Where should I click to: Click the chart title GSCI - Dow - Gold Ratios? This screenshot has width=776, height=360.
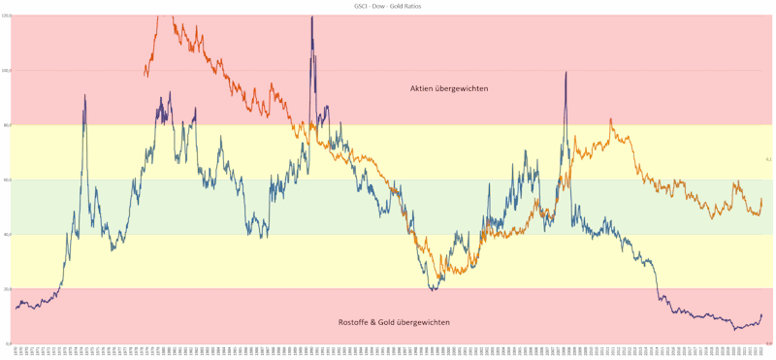pos(388,6)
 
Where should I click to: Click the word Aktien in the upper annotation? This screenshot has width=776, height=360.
pos(425,88)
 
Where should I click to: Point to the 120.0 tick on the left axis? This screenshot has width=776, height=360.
pos(7,16)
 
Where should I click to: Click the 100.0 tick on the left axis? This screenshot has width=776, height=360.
pos(7,70)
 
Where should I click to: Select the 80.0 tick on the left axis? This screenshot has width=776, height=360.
pos(7,125)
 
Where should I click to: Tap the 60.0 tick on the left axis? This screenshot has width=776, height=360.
pos(7,180)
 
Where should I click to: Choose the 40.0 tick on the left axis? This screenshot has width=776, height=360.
pos(7,234)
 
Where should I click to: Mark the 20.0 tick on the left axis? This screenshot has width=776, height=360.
pos(7,289)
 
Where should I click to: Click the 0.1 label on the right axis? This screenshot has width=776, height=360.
pos(767,159)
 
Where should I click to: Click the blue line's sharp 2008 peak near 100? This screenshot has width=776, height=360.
pos(566,72)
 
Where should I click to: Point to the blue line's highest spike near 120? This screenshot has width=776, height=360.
pos(311,16)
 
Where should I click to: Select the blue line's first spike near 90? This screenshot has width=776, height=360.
pos(84,94)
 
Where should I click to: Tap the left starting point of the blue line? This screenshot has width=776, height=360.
pos(15,309)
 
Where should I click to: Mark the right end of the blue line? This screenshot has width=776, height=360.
pos(761,314)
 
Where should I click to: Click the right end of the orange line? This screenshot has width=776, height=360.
pos(761,199)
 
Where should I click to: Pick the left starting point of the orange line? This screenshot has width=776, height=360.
pos(144,76)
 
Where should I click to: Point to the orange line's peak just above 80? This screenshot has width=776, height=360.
pos(610,119)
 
